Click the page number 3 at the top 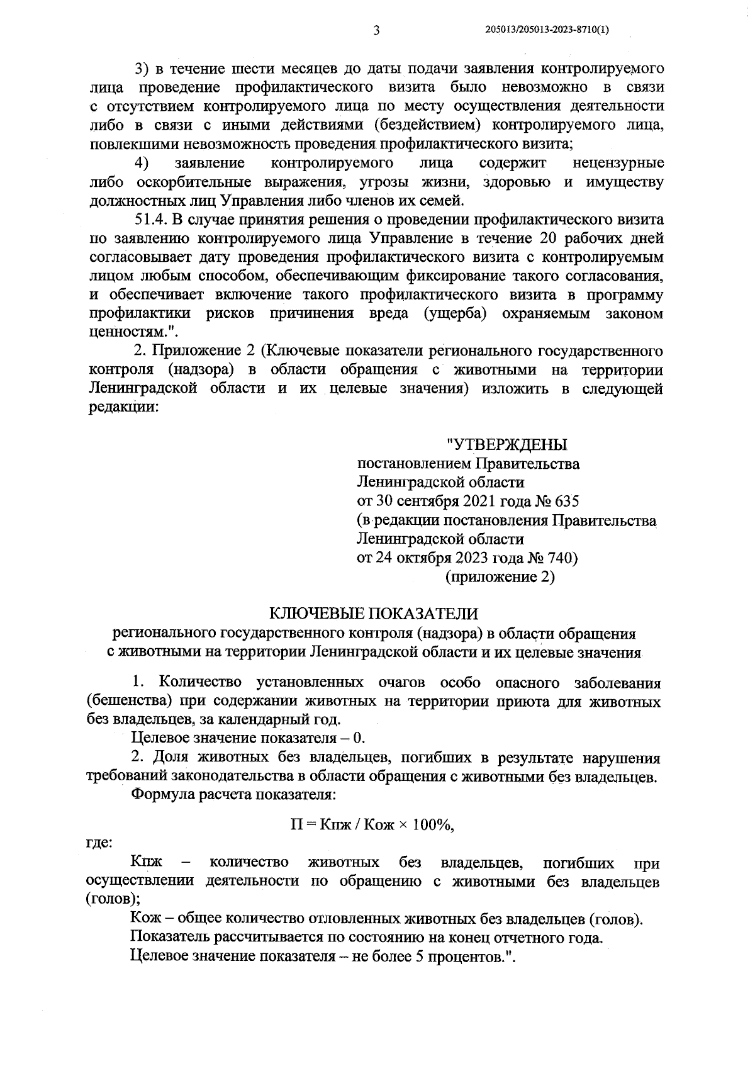(377, 30)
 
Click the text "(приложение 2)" (500, 576)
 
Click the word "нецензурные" (618, 163)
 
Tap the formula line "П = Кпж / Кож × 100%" (372, 825)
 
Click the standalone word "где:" (99, 843)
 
